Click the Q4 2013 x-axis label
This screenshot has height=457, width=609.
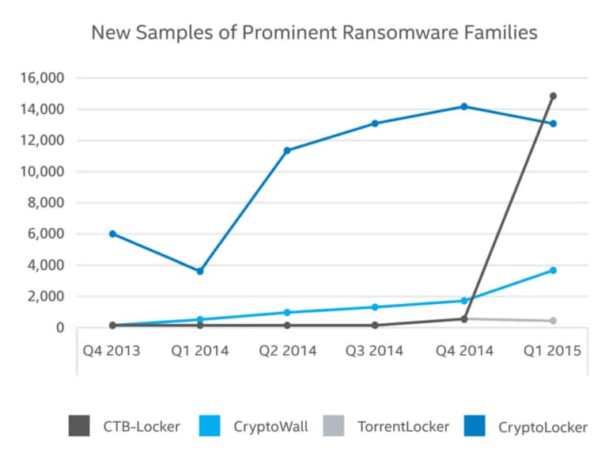pos(112,349)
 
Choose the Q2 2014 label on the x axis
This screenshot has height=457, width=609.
pos(287,349)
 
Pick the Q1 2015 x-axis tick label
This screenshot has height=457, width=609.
pos(553,349)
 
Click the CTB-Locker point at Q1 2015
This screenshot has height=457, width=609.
pos(553,96)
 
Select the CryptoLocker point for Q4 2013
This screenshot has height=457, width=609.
pos(112,234)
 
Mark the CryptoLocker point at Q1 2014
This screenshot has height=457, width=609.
pos(200,271)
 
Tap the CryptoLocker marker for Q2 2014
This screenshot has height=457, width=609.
pos(287,150)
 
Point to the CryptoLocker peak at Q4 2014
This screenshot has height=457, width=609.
pos(464,106)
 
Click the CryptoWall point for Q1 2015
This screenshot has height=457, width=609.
pos(553,270)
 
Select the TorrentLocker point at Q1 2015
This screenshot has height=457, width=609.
pos(553,321)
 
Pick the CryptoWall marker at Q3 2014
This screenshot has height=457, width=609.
pos(375,307)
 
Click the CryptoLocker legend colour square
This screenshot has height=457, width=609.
pos(477,426)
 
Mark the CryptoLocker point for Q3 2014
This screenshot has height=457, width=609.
pos(375,124)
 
